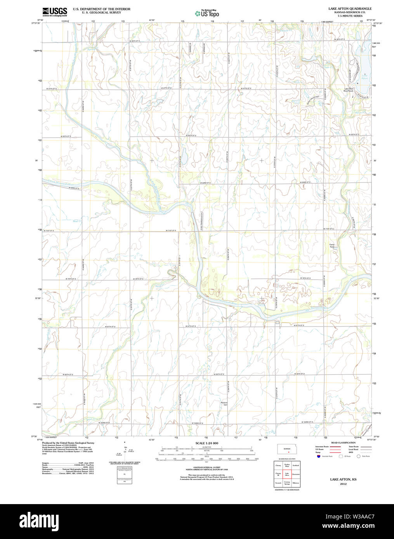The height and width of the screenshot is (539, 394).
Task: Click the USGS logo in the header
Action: click(x=54, y=12)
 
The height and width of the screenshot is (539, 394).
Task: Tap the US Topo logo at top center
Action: click(x=207, y=14)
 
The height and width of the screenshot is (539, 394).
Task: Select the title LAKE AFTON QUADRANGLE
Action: click(x=350, y=9)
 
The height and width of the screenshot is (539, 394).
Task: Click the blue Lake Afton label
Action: click(x=364, y=77)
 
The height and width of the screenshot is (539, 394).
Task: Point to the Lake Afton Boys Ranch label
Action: click(x=349, y=90)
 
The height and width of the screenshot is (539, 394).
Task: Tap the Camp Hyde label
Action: click(x=332, y=246)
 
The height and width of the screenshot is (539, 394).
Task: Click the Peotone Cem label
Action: click(x=224, y=404)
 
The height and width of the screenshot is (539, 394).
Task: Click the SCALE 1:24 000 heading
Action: click(x=207, y=443)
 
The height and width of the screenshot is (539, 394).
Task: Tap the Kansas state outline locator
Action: click(x=287, y=449)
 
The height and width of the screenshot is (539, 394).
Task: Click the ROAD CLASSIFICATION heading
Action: click(x=343, y=442)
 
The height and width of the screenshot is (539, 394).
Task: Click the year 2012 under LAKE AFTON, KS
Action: click(x=343, y=484)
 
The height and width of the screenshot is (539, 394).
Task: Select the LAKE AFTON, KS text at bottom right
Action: click(x=343, y=480)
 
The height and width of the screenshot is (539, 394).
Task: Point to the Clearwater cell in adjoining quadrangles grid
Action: click(x=296, y=474)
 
